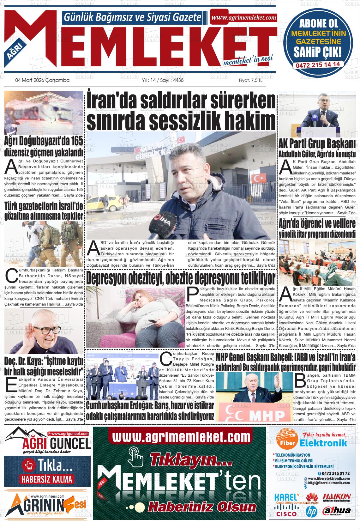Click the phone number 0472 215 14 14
click(318, 64)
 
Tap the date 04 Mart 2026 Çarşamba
click(42, 81)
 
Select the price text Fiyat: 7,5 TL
click(251, 81)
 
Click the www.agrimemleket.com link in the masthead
click(243, 18)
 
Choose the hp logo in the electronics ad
click(311, 511)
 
